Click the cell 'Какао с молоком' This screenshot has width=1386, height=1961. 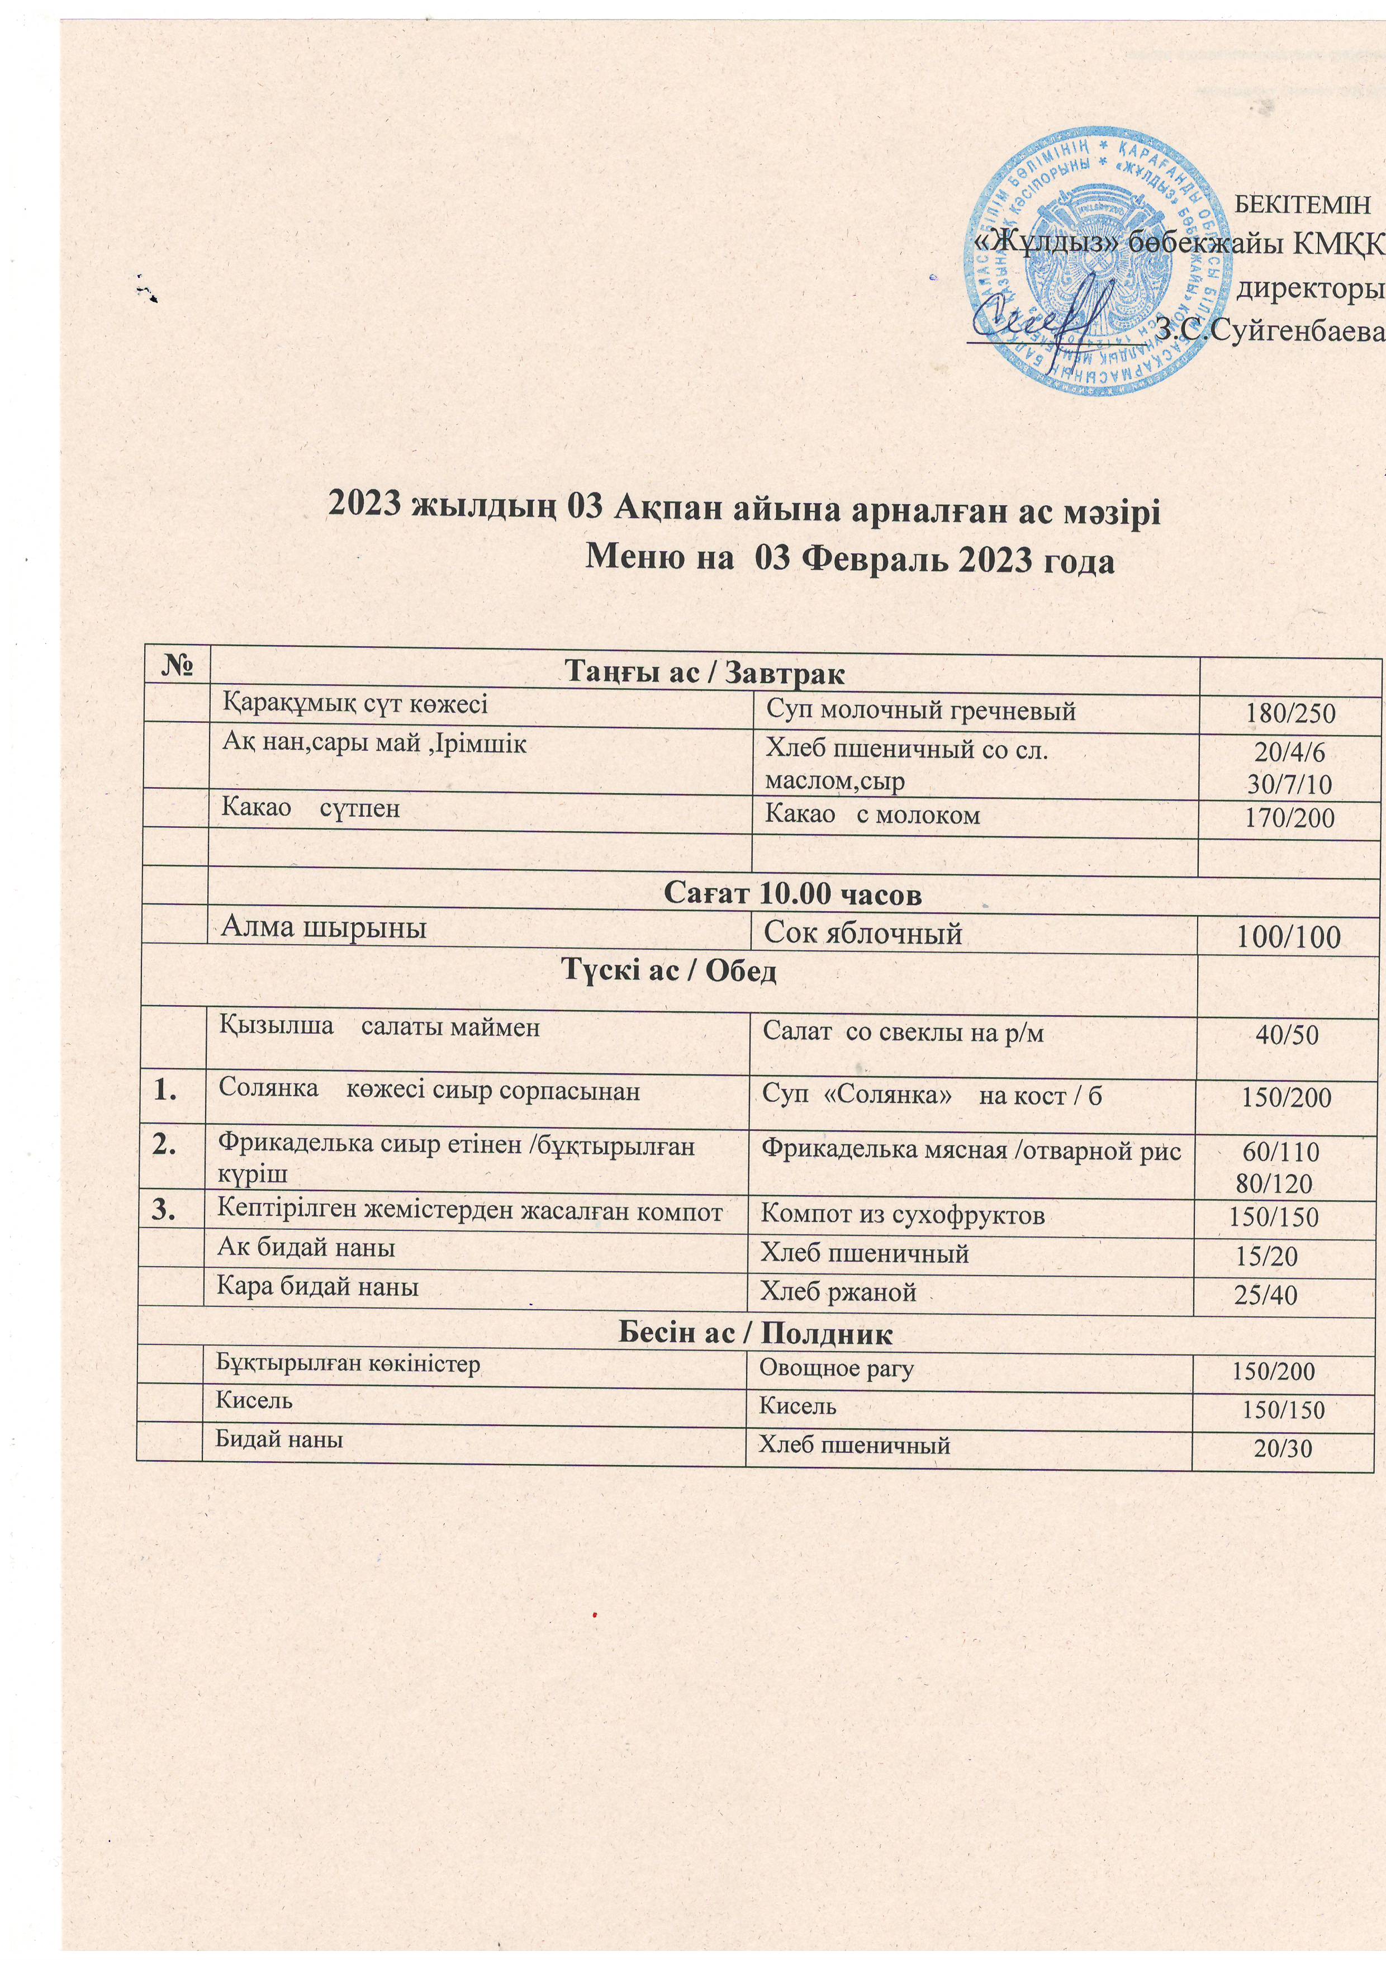[872, 816]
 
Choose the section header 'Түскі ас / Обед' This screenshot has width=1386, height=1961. [668, 971]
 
